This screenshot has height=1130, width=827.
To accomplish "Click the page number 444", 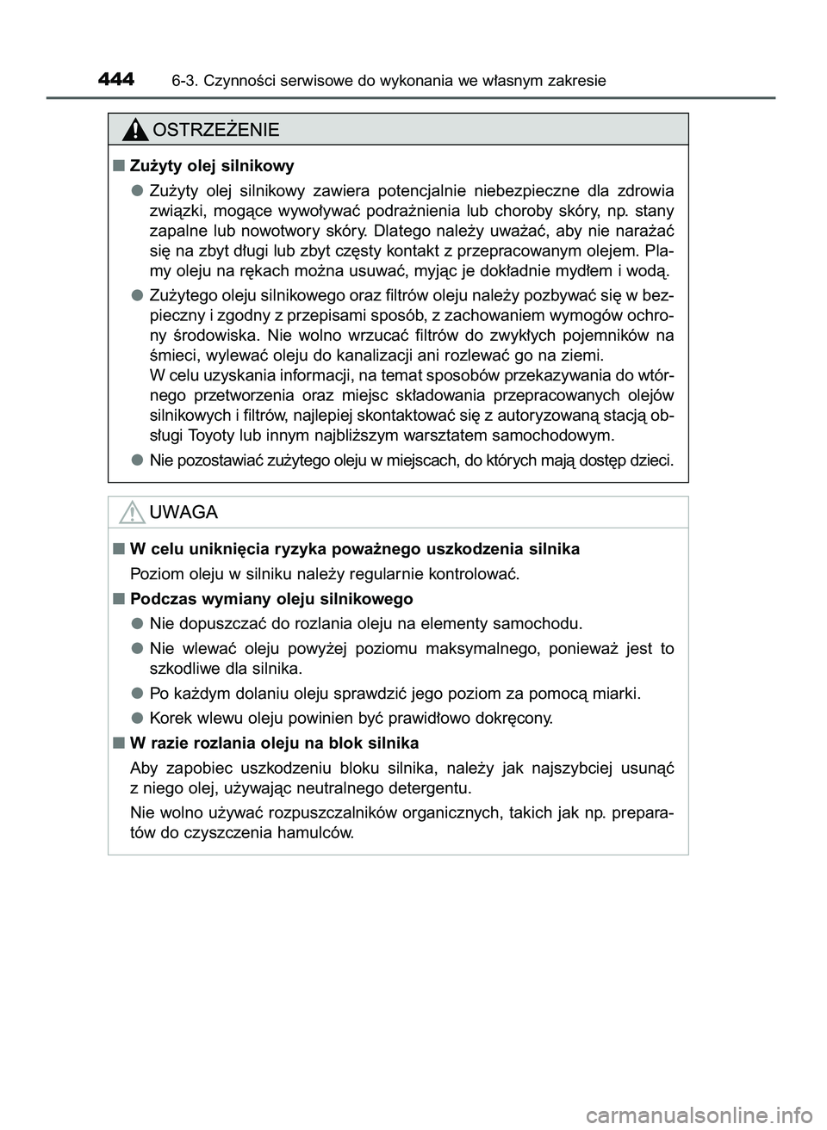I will pos(116,80).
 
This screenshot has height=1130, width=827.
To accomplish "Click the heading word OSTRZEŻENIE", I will pos(215,130).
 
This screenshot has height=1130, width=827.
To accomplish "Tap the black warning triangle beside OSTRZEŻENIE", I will pos(134,131).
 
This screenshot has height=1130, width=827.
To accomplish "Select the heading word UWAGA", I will pos(183,513).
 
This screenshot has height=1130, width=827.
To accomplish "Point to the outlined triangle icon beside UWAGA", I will pos(131,514).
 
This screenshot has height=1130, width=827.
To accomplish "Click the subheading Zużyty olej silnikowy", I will pos(212,165).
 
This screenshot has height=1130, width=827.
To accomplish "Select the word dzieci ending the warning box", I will pos(647,460).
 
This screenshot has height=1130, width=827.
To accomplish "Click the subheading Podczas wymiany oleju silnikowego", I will pos(271,599).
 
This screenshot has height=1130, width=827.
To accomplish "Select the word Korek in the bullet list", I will pos(171,718).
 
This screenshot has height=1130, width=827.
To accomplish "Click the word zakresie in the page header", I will pos(575,81).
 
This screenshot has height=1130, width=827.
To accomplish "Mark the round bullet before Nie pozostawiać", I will pos(137,460).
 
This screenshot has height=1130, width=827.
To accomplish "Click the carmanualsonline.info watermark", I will pos(706,1114).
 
